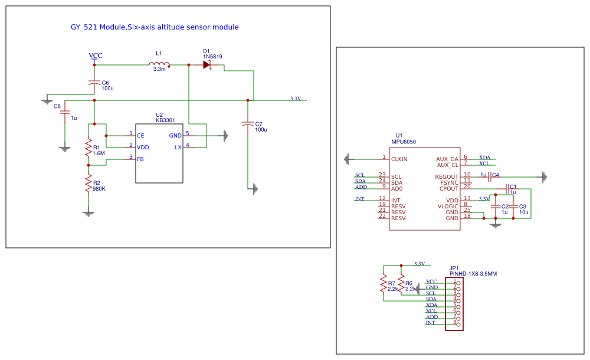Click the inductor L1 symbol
pos(160,64)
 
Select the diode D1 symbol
pos(207,65)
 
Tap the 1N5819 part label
pos(212,57)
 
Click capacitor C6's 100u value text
pos(107,89)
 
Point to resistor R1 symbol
pos(88,148)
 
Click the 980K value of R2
pos(100,189)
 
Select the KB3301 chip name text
pos(165,120)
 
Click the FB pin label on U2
pos(140,159)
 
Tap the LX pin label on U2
pos(178,148)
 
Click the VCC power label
pos(96,55)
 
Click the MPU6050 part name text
pos(404,142)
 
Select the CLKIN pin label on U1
pos(399,159)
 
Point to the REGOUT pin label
pos(447,176)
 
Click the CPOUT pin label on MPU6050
pos(448,188)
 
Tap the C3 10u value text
pos(523,212)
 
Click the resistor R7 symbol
pos(383,286)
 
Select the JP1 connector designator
pos(454,268)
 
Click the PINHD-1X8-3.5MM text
pos(473,274)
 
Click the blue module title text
pos(155,27)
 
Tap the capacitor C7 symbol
pos(248,124)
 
